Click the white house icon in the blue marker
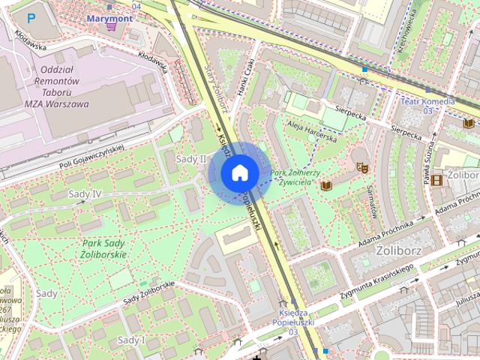click(x=239, y=173)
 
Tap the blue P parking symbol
click(x=31, y=17)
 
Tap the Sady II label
click(x=190, y=159)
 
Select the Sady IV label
click(x=85, y=194)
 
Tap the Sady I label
click(x=131, y=340)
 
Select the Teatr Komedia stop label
click(x=429, y=101)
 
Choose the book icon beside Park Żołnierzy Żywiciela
click(x=326, y=184)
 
